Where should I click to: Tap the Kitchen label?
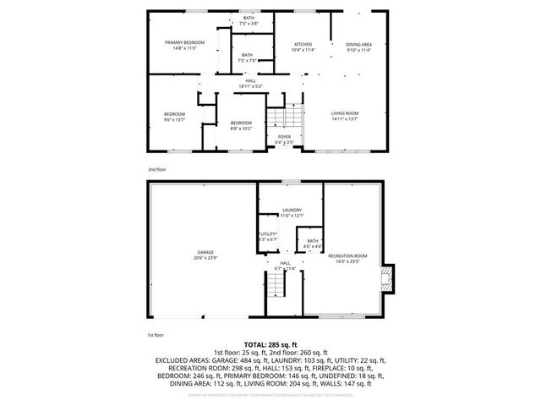303,45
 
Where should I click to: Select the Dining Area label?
359,45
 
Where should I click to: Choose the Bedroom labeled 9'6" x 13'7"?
174,116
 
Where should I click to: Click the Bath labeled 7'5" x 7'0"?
249,58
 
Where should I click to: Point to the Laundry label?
292,212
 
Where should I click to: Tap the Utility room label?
269,236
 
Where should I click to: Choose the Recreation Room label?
347,257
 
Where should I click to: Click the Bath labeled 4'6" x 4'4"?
313,244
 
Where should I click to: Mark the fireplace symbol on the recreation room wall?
387,277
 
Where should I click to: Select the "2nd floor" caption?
156,170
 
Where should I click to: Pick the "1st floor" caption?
156,336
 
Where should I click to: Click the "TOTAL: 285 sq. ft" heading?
270,344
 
